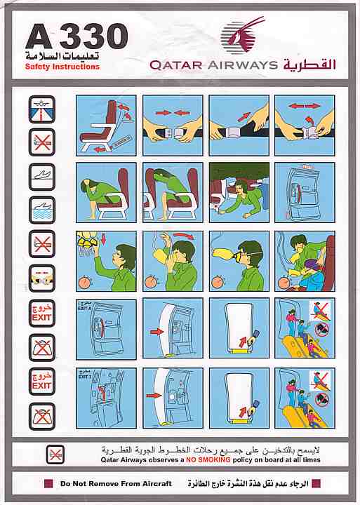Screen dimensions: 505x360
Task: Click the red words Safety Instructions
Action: (x=62, y=67)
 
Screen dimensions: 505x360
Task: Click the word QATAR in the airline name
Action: (x=175, y=65)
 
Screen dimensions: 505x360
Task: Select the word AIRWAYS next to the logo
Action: (x=241, y=65)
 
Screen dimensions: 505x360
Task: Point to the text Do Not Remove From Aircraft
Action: (x=116, y=484)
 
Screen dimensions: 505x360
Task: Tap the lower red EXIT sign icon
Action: (x=42, y=379)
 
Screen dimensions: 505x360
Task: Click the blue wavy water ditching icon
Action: (x=42, y=209)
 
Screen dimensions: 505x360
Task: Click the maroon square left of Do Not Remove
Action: (x=48, y=484)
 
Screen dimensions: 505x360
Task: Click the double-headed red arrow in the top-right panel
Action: (x=304, y=107)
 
